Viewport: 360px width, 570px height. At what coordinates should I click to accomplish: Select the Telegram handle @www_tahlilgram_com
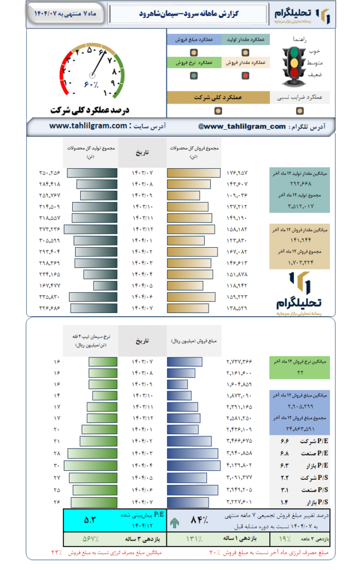click(x=241, y=126)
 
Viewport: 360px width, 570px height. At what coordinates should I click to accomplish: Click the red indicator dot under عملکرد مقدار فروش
click(x=245, y=76)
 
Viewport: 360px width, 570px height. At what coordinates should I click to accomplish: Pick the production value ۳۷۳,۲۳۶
click(x=49, y=229)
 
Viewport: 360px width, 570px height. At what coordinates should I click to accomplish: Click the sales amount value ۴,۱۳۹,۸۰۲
click(x=239, y=465)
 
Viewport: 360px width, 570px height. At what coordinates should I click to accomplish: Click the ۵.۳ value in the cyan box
click(x=90, y=520)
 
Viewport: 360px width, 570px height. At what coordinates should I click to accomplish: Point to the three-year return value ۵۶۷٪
click(x=89, y=539)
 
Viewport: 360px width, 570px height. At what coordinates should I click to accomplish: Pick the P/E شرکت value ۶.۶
click(x=285, y=441)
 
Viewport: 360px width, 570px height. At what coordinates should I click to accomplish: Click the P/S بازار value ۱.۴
click(x=285, y=502)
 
